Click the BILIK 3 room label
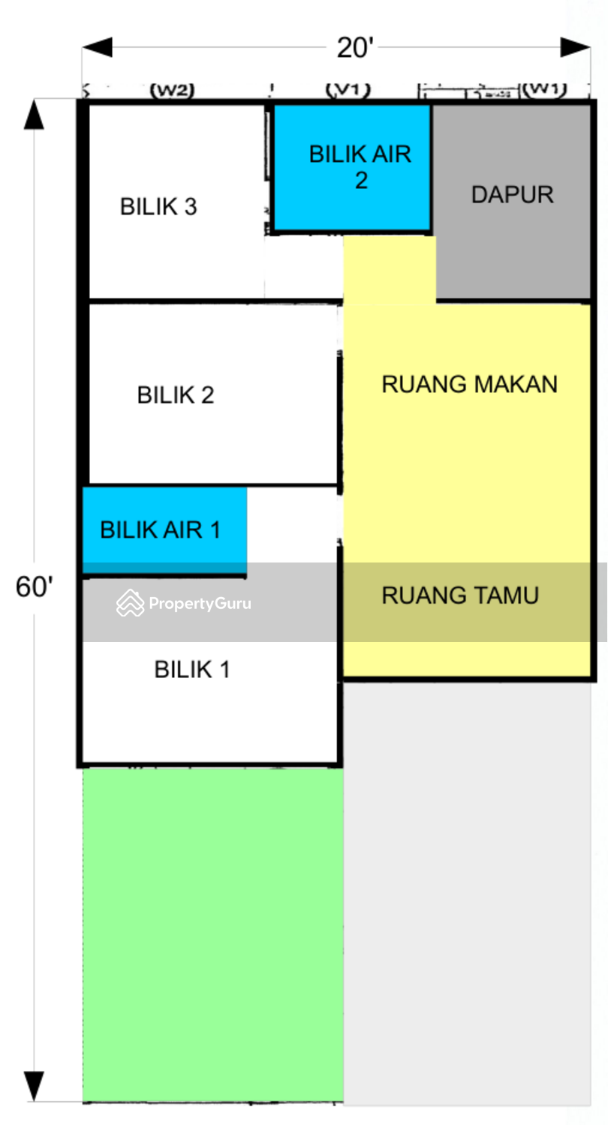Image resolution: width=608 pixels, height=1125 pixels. pyautogui.click(x=158, y=206)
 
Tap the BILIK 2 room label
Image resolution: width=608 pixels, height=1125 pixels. pyautogui.click(x=176, y=394)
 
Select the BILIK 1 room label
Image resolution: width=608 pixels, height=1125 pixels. pyautogui.click(x=192, y=669)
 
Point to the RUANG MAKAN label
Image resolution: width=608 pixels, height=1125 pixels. pyautogui.click(x=469, y=384)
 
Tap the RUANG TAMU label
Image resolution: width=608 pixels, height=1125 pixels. pyautogui.click(x=460, y=595)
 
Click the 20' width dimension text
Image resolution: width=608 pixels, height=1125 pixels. pyautogui.click(x=355, y=48)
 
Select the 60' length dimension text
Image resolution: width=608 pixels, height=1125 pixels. pyautogui.click(x=35, y=587)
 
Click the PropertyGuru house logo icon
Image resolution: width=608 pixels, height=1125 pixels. pyautogui.click(x=130, y=603)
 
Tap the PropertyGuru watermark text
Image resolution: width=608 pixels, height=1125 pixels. pyautogui.click(x=200, y=603)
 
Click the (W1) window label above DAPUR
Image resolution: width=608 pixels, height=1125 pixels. pyautogui.click(x=544, y=90)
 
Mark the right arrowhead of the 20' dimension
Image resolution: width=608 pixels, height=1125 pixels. pyautogui.click(x=576, y=47)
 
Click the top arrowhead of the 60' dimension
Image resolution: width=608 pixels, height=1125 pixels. pyautogui.click(x=34, y=115)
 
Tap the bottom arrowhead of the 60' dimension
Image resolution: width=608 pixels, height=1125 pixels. pyautogui.click(x=34, y=1086)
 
